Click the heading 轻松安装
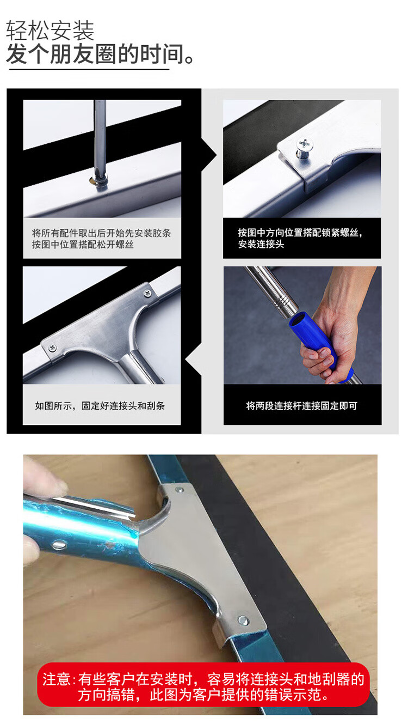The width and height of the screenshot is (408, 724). pos(50,31)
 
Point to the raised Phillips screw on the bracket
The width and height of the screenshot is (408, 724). pos(304,148)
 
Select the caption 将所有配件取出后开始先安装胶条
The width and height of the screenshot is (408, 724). pos(101,233)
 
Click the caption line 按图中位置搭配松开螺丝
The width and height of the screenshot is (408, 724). pos(83,245)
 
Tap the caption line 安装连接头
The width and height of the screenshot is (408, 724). pos(261,244)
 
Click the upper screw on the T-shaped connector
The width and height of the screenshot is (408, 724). pos(147,293)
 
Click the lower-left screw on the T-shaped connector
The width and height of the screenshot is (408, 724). pos(52,348)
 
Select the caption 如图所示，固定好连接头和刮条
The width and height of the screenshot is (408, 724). pos(100,406)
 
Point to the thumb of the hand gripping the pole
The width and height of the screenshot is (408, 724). pos(318,354)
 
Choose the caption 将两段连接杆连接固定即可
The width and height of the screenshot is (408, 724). pos(302,406)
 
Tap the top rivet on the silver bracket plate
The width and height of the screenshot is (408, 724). pos(178,489)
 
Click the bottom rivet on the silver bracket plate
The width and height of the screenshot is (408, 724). pos(243,619)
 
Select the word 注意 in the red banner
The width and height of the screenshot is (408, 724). pos(57,679)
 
